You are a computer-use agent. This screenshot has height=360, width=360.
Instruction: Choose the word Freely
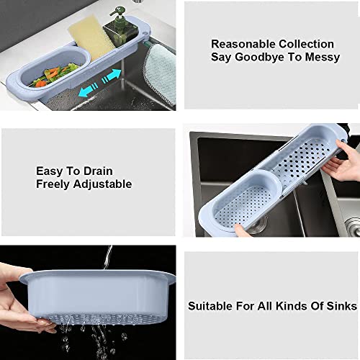pos(55,184)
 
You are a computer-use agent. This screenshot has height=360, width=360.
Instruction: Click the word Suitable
pos(210,306)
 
